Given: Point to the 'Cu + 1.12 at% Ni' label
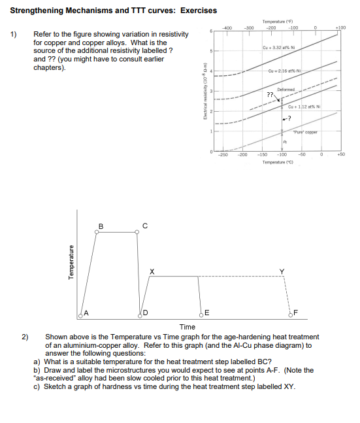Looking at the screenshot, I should tap(303, 107).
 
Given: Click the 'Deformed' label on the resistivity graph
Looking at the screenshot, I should tap(286, 89).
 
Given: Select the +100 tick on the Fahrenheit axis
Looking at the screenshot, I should tap(340, 27).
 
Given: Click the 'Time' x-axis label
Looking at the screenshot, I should tap(187, 326).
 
